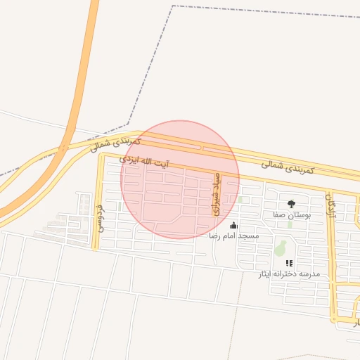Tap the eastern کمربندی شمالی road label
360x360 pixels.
click(x=288, y=167)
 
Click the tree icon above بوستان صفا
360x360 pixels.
click(x=291, y=204)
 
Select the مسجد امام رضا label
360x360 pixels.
click(x=233, y=236)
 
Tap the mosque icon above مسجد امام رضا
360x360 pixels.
click(x=233, y=226)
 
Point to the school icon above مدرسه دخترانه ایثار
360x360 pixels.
click(x=289, y=263)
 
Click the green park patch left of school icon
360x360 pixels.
click(x=280, y=248)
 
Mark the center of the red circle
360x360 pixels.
click(x=180, y=180)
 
